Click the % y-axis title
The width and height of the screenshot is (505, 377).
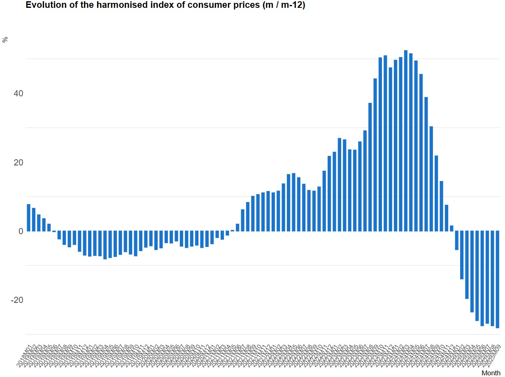(5, 40)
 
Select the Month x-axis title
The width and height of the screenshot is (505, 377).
(491, 373)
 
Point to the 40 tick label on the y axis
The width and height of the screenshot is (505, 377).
(18, 93)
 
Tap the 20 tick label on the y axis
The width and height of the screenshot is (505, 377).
(18, 162)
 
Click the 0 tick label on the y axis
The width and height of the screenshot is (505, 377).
(20, 231)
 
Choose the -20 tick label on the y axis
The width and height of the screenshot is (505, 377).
(16, 300)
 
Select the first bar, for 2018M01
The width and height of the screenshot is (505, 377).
(29, 218)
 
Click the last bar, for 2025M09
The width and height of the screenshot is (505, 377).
(497, 279)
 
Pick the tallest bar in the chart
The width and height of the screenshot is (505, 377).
(406, 140)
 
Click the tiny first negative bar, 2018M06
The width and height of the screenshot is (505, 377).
(54, 231)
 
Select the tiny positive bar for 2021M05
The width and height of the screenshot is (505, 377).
(233, 230)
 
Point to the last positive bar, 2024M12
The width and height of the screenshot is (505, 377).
(451, 228)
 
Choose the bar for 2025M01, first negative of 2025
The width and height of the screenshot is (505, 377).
(456, 240)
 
